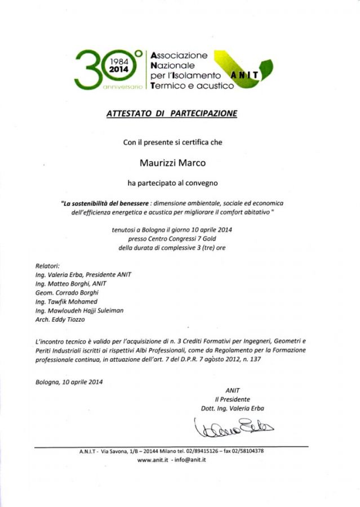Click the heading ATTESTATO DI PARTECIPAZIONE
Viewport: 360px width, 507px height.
pyautogui.click(x=172, y=113)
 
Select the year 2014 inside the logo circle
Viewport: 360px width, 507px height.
pyautogui.click(x=119, y=68)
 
